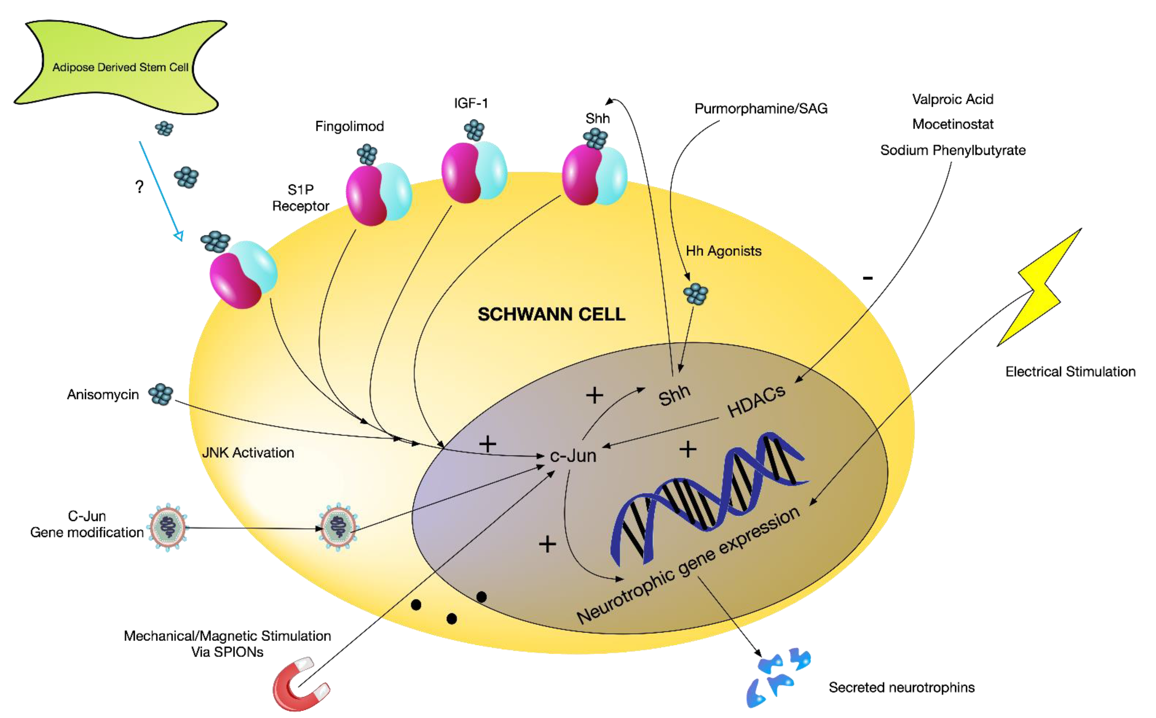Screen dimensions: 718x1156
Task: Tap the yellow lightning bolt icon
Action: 1040,290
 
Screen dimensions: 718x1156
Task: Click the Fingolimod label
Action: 350,126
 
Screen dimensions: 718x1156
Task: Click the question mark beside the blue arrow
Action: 139,187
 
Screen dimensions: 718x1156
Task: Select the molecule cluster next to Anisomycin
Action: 160,394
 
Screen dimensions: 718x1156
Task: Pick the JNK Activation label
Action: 248,452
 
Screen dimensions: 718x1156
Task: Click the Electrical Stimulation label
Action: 1070,371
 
